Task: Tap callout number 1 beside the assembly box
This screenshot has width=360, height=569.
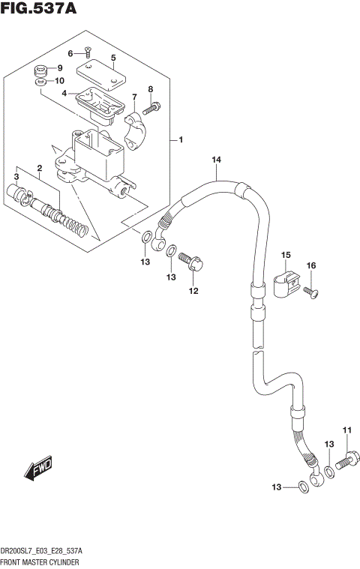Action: tap(181, 139)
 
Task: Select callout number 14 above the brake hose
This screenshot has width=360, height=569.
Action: tap(216, 160)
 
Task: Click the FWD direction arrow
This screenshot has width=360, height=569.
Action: tap(38, 469)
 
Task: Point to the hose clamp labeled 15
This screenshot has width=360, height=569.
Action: tap(286, 283)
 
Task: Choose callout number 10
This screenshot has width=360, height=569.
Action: tap(60, 81)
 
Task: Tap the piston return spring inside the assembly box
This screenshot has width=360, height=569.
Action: tap(71, 223)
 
